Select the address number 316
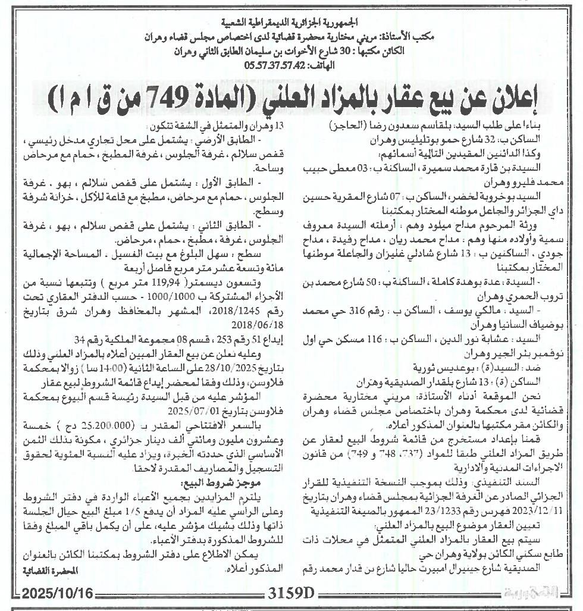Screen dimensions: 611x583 pos(408,311)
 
